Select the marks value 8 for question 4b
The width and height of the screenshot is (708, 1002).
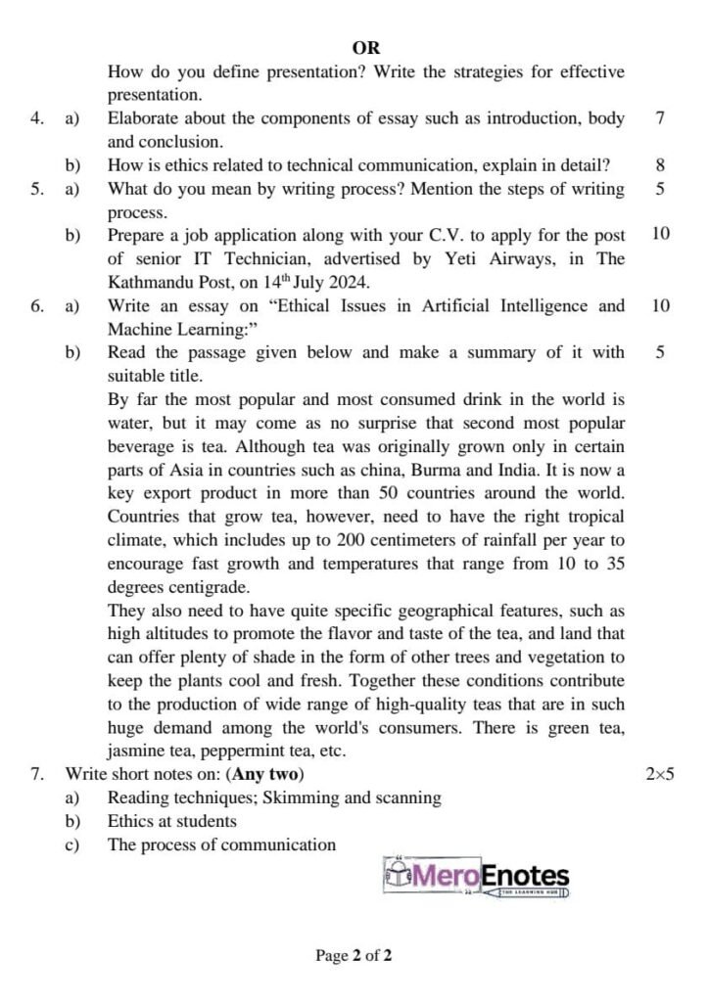click(x=660, y=165)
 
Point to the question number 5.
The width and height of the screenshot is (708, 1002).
click(x=36, y=189)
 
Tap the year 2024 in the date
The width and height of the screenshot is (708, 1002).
click(x=349, y=283)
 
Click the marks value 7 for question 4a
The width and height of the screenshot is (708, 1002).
click(x=660, y=118)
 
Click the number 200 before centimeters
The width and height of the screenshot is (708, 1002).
click(x=352, y=541)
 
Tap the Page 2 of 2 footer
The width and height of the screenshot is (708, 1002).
click(x=354, y=956)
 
